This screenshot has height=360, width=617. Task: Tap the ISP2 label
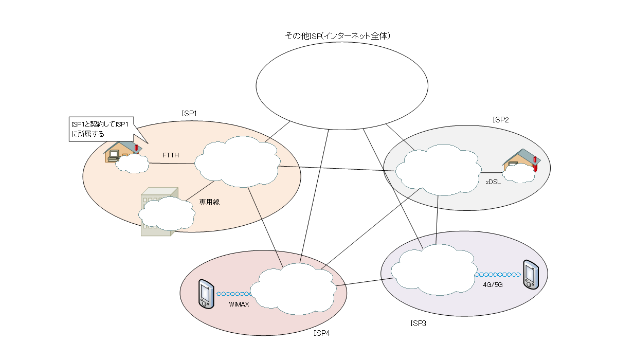(x=500, y=120)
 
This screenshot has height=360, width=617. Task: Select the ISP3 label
(x=418, y=323)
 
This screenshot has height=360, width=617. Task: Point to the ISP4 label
(x=321, y=333)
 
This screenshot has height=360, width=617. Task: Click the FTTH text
(x=170, y=155)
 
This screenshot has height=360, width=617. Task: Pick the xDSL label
(x=493, y=182)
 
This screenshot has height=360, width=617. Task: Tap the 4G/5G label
(x=493, y=284)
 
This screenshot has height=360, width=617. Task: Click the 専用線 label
(x=209, y=202)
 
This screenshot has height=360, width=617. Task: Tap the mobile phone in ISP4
(x=206, y=294)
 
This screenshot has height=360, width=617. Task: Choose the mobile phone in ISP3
(x=530, y=274)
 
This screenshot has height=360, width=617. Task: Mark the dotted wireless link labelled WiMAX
(x=234, y=294)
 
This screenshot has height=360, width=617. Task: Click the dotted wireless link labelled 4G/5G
(x=498, y=275)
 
